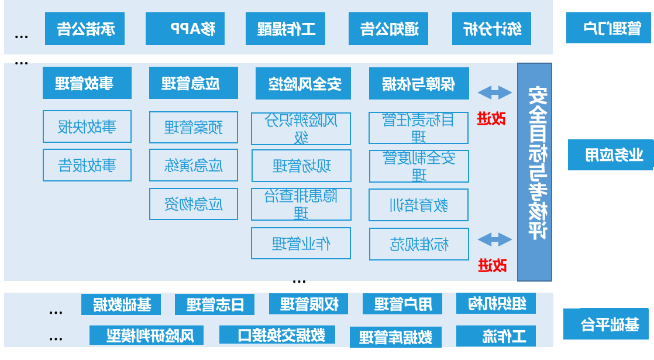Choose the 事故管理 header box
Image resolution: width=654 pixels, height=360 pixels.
click(x=87, y=83)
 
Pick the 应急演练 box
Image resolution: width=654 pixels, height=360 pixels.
click(x=193, y=166)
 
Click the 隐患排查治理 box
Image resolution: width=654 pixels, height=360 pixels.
click(x=301, y=204)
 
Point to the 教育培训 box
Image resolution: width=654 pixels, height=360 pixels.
click(x=418, y=205)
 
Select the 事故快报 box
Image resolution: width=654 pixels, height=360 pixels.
click(x=87, y=126)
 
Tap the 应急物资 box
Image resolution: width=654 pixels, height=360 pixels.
click(x=193, y=204)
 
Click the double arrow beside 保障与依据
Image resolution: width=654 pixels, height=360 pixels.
click(x=494, y=92)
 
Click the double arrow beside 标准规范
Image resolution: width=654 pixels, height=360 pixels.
click(x=494, y=239)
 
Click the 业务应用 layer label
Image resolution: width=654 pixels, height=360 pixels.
click(x=610, y=155)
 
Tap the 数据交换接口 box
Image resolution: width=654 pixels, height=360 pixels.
click(x=277, y=335)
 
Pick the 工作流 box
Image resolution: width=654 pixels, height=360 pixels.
click(x=495, y=336)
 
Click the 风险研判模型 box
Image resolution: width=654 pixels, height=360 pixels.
click(x=146, y=335)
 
